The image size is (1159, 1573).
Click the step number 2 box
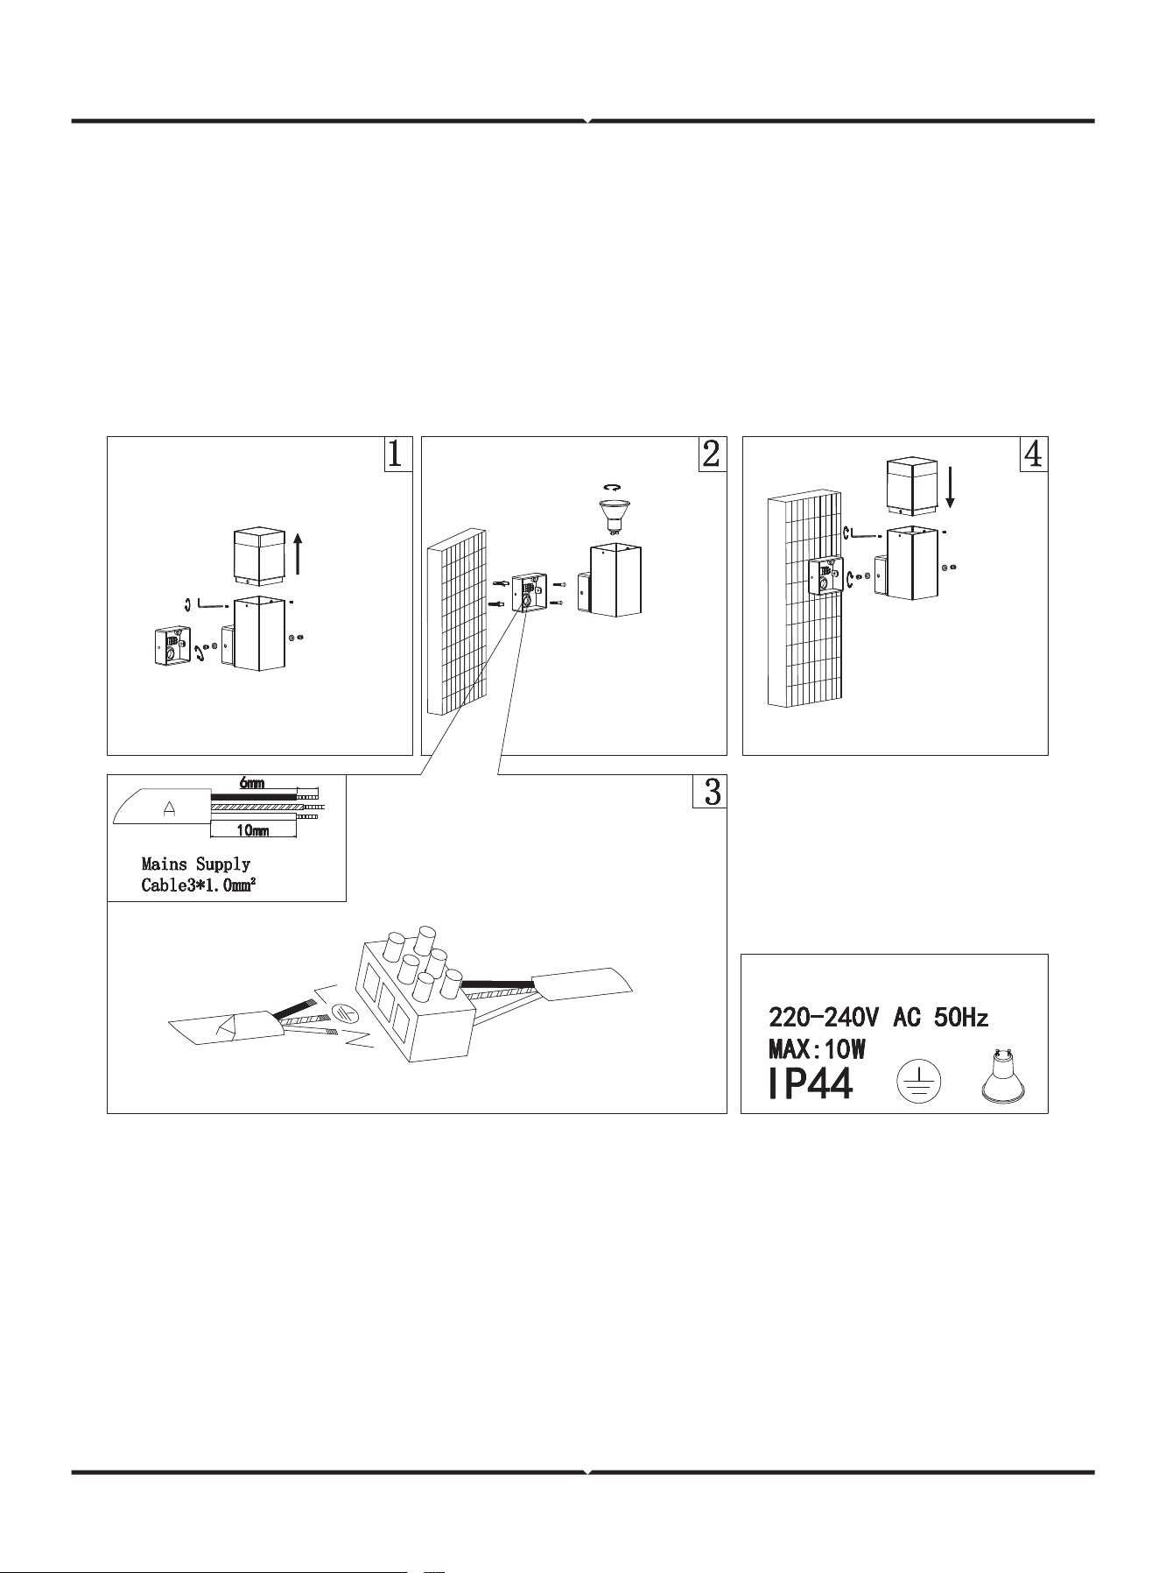coord(713,454)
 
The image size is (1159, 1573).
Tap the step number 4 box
coord(1034,454)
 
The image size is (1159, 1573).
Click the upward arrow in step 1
coord(299,555)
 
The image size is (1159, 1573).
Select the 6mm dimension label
coord(252,782)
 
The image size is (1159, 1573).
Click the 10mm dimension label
coord(253,829)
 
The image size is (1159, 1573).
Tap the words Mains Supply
coord(196,865)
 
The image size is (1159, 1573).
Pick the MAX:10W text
coord(817,1048)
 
